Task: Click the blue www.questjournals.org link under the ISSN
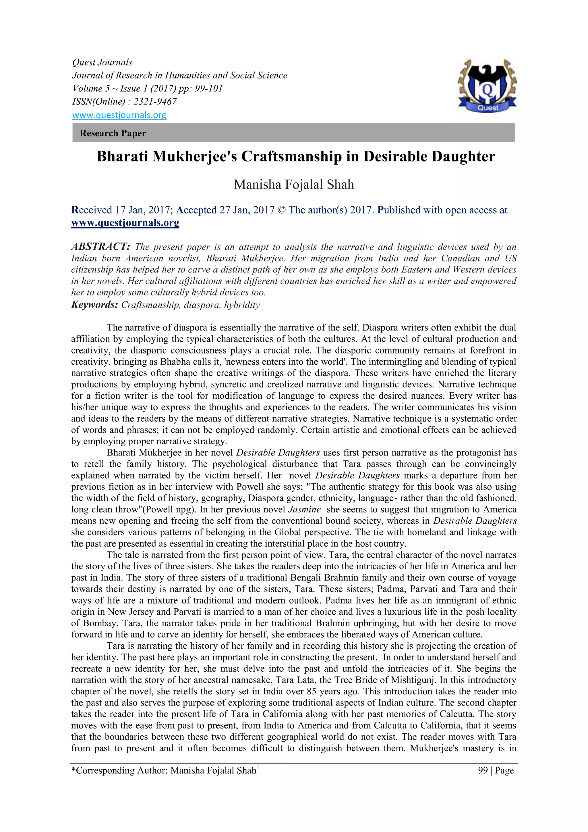(119, 115)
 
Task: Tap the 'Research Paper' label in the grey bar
(113, 133)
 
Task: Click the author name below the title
(294, 185)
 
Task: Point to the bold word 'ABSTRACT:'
(101, 247)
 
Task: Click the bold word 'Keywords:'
(94, 304)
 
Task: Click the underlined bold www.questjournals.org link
(125, 222)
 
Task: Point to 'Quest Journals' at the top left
(102, 62)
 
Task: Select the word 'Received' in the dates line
(92, 210)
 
